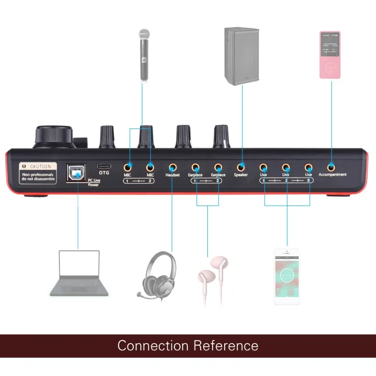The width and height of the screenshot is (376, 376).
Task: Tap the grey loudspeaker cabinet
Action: click(242, 56)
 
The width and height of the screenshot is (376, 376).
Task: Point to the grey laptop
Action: click(79, 273)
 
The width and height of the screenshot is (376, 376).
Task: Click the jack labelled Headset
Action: click(172, 168)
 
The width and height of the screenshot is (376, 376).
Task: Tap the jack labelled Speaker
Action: click(241, 168)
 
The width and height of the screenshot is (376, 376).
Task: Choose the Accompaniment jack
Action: click(332, 167)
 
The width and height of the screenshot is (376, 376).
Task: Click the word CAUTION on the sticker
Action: click(40, 166)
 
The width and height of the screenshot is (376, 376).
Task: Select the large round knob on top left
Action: click(53, 137)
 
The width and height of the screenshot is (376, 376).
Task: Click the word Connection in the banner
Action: click(153, 346)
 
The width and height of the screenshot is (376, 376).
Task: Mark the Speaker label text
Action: click(241, 175)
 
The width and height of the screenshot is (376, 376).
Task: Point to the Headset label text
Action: click(172, 175)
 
